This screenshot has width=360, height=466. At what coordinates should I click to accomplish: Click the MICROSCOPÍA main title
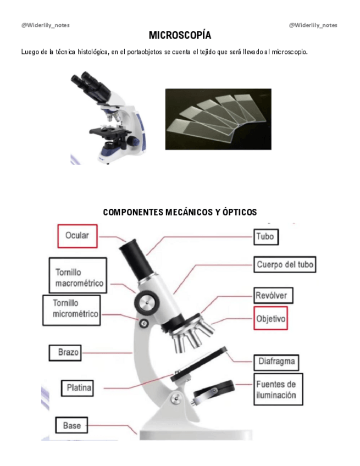[x=180, y=36]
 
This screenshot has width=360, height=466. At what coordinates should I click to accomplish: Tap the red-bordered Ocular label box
[x=77, y=236]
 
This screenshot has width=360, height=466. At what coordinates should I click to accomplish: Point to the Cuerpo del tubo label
[x=285, y=265]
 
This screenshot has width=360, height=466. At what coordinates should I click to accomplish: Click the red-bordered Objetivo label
[x=270, y=318]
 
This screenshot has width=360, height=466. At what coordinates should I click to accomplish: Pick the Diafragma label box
[x=277, y=362]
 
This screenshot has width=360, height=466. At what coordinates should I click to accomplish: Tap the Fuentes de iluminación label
[x=276, y=390]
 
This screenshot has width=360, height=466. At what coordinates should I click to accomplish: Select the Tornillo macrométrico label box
[x=77, y=278]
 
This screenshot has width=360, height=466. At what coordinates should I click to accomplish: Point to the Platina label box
[x=76, y=388]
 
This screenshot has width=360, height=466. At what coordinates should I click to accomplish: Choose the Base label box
[x=71, y=425]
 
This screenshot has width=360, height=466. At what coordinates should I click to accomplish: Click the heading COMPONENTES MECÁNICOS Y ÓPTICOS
[x=180, y=212]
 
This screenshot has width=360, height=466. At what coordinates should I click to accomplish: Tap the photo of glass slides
[x=217, y=118]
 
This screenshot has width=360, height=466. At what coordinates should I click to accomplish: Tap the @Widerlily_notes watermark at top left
[x=46, y=25]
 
